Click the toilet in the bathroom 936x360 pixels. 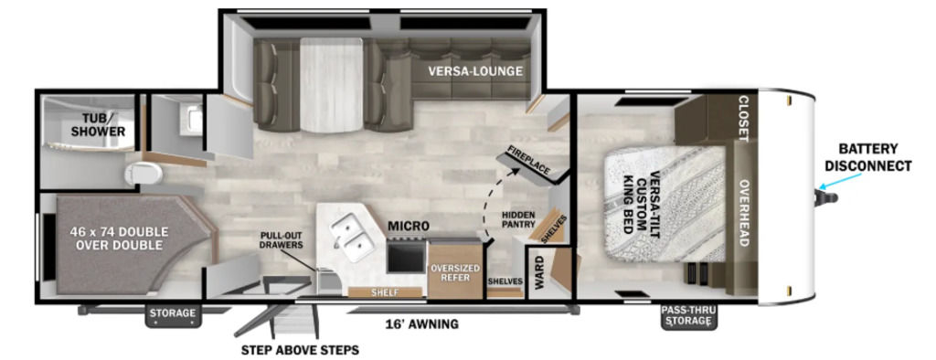coord(144,174)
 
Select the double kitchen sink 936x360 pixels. coord(351,238)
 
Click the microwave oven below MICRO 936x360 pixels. coord(407,256)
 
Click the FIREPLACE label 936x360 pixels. coord(528,160)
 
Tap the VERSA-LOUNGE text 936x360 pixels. coord(474,71)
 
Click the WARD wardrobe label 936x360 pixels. coord(538,272)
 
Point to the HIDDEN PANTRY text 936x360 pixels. coord(518,219)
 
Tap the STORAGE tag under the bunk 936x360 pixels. coord(173,312)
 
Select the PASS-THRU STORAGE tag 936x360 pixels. coord(689,316)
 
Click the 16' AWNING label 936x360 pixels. coord(422,324)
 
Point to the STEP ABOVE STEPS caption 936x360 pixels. coord(300,350)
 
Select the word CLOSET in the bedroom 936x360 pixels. coord(744,119)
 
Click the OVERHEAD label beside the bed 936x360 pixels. coord(744,213)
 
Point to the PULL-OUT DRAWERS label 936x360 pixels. coord(282,240)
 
